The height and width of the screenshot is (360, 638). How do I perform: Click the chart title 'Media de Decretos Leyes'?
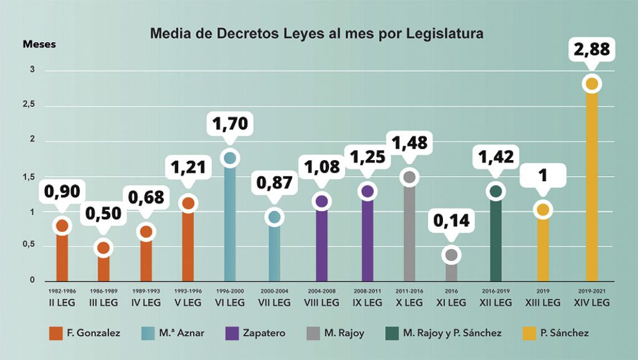pos(317,34)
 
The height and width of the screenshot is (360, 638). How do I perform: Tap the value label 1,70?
pos(230,123)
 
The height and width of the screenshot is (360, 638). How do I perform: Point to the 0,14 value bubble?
pos(452,221)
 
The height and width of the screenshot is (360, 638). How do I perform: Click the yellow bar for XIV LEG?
pos(591,187)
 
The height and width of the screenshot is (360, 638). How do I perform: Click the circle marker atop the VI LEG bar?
pos(230,158)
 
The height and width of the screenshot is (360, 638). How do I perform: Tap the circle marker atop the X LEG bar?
pos(409,178)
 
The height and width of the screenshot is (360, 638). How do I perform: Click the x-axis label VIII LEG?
pos(321,303)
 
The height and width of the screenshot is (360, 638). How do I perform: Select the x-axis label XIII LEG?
pos(543,303)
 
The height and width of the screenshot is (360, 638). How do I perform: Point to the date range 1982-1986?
pos(62,291)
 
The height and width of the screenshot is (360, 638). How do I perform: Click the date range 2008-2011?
pos(367,291)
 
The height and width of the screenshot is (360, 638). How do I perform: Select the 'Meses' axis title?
pos(39,44)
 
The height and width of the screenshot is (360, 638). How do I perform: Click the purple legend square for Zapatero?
pos(231,333)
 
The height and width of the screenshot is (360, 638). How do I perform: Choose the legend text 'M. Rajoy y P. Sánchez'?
pos(452,333)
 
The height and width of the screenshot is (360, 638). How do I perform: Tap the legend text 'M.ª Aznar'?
pos(182,333)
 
